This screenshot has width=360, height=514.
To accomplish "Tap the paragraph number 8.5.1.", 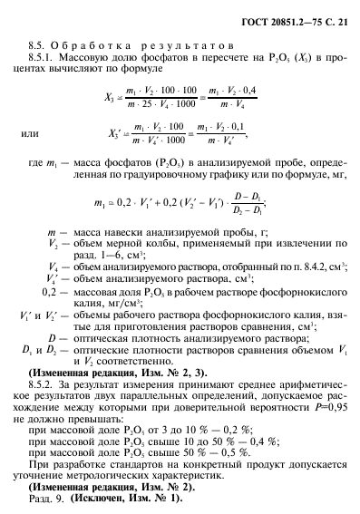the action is [46, 58].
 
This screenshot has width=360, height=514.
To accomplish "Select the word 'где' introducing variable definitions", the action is [37, 161].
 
